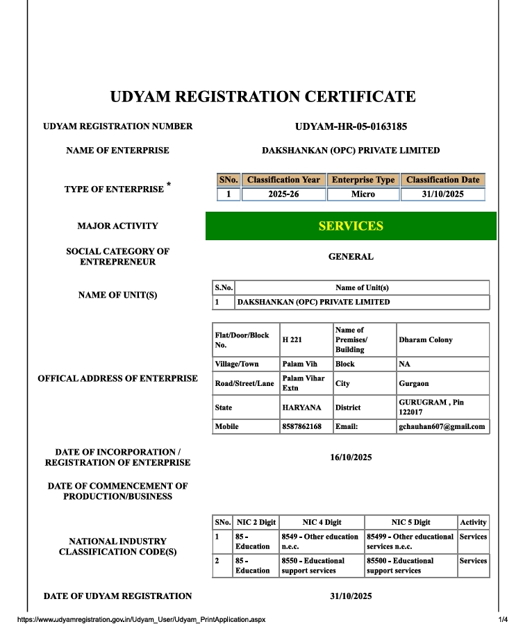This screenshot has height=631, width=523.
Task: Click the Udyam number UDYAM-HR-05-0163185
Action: pos(351,126)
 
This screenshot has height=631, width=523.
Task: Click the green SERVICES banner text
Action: pos(351,226)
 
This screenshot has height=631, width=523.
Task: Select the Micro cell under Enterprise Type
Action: pos(363,194)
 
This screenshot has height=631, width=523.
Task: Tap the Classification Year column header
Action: pos(283,180)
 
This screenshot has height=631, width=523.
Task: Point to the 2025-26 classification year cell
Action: pos(283,194)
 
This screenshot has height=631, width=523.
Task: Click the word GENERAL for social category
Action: pos(351,257)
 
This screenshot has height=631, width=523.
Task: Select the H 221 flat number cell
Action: pos(292,340)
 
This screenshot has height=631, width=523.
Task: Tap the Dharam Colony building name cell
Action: pos(426,340)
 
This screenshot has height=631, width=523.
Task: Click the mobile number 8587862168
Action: pos(302,426)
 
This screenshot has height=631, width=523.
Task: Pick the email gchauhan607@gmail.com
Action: pos(442,426)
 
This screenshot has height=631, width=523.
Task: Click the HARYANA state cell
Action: pos(302,407)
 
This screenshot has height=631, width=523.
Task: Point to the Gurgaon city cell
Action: pos(414,383)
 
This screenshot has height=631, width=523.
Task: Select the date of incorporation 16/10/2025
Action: pos(351,457)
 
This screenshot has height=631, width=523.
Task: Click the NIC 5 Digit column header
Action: pos(410,522)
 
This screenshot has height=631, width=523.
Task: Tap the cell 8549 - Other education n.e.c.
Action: pos(320,541)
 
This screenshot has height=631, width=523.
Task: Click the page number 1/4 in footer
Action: pos(503,619)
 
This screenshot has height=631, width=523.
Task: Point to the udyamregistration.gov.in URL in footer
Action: pos(141,619)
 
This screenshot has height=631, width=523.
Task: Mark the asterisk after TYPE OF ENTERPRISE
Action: pos(169,185)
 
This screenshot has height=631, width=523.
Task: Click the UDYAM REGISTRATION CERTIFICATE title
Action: pos(263,96)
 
